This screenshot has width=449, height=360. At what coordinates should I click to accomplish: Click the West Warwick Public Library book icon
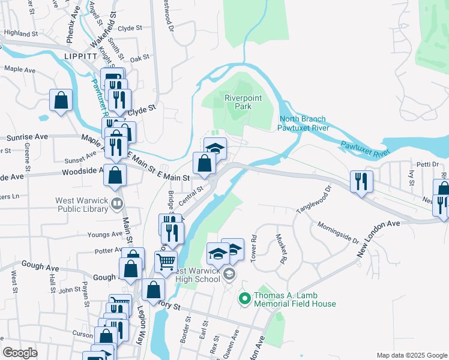(x=116, y=205)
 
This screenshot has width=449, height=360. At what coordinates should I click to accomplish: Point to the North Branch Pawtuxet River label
(x=304, y=123)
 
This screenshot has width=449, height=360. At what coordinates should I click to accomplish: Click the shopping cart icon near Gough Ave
(x=166, y=262)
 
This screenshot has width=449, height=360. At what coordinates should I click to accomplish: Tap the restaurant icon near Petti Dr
(x=361, y=181)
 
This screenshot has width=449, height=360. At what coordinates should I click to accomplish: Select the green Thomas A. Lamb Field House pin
(x=244, y=298)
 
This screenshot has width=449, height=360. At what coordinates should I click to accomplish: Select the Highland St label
(x=20, y=34)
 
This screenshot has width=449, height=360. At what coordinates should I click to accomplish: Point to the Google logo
(x=20, y=353)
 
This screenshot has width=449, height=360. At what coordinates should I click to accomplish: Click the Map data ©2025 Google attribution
(x=411, y=355)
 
